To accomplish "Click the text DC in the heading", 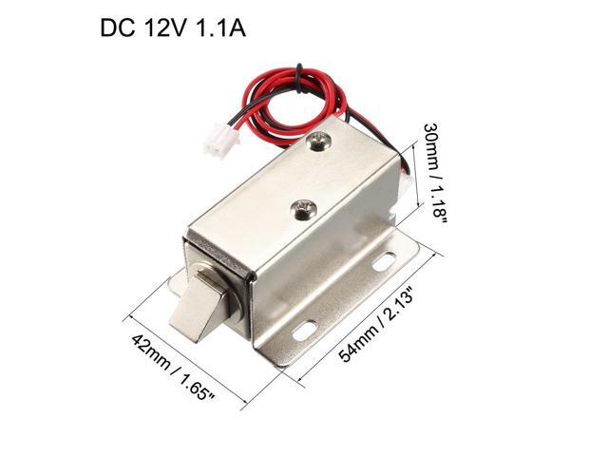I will point(119,29).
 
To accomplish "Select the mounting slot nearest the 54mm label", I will point(305,330).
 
